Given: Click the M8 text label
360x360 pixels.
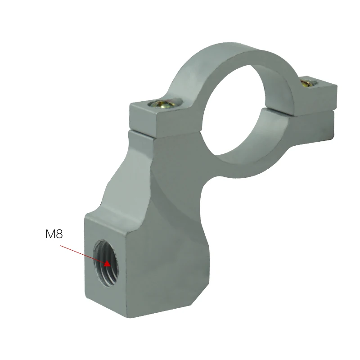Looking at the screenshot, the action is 54,234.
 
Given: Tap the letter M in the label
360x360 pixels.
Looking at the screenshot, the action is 50,234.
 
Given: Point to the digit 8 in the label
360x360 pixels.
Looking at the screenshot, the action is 59,234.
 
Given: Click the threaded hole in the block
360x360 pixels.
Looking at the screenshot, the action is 106,264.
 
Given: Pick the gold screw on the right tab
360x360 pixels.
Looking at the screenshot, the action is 308,83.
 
